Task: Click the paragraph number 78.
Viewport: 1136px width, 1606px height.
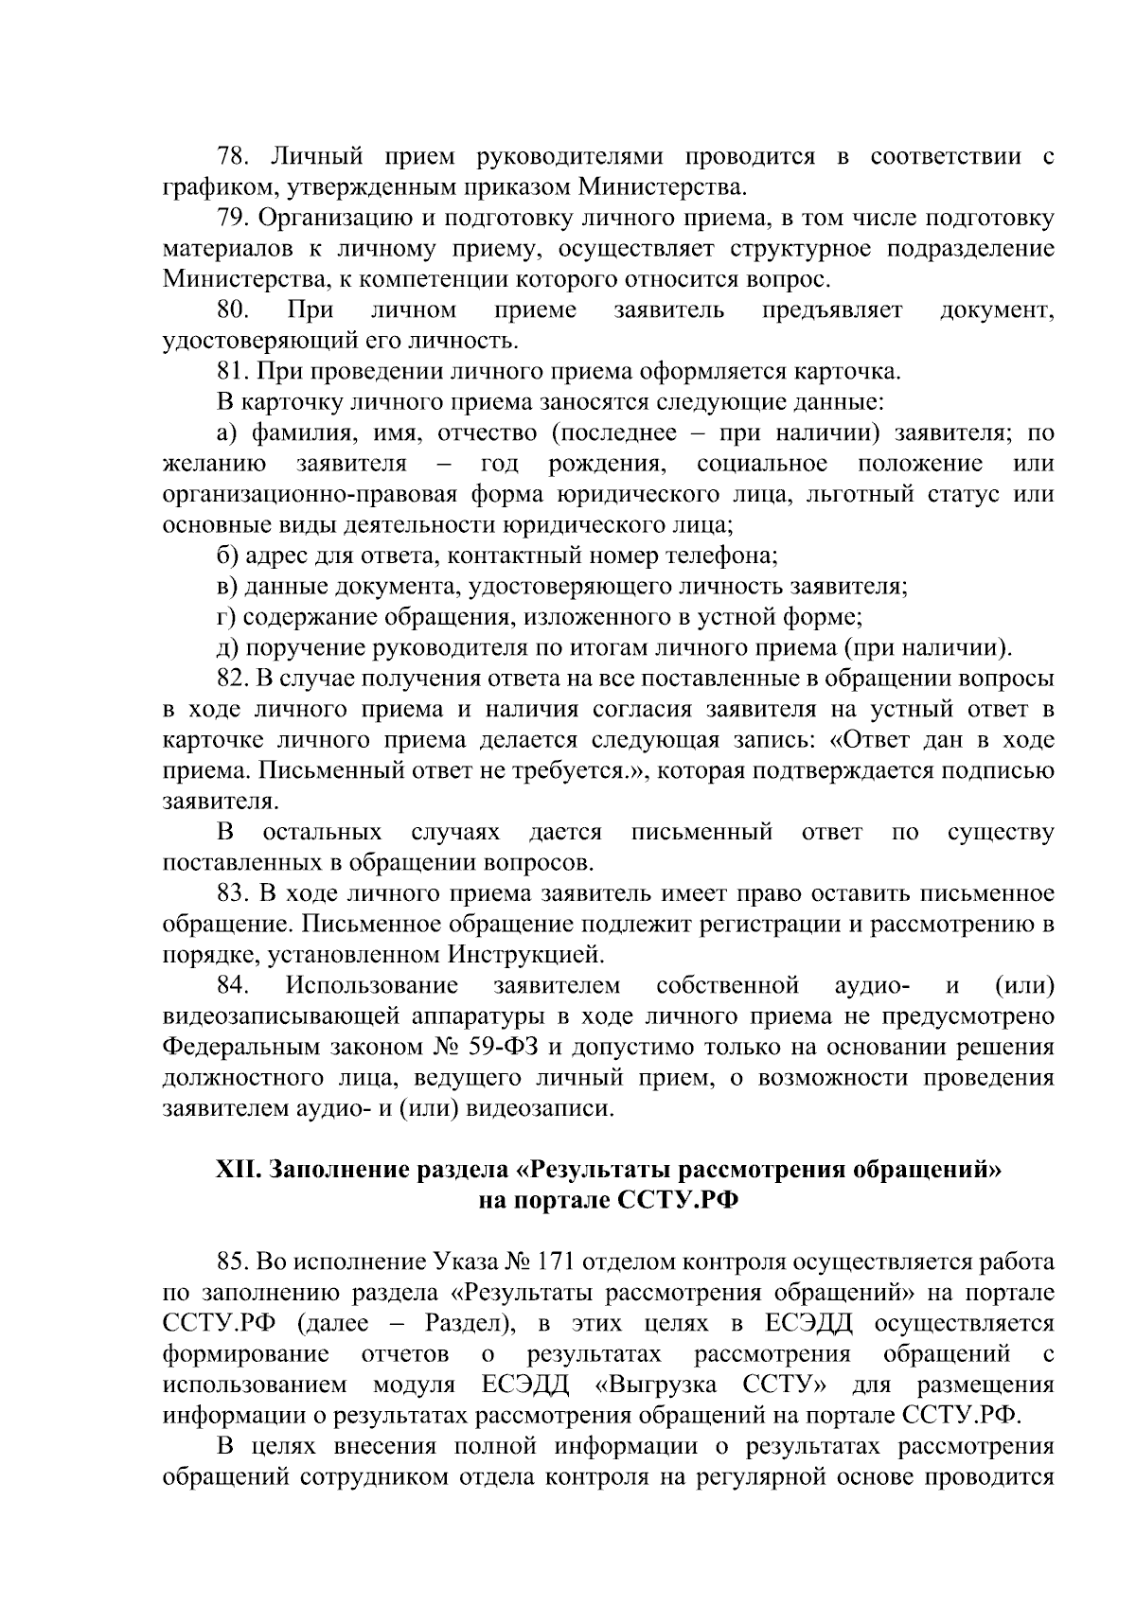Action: click(x=233, y=156)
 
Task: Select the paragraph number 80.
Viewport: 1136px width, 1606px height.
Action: click(x=233, y=309)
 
